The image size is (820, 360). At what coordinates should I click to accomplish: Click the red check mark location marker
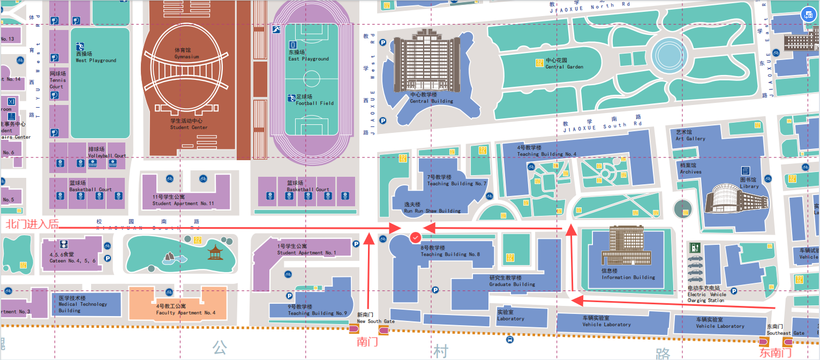coord(415,237)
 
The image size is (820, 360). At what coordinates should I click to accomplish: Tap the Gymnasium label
coord(183,53)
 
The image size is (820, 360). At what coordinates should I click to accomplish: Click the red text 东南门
coord(776,352)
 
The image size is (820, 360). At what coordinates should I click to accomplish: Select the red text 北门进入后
coord(32,224)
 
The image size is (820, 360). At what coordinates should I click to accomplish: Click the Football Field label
coord(315,100)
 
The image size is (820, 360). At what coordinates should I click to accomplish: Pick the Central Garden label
coord(564,64)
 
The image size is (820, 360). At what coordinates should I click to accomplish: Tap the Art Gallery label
coord(690,136)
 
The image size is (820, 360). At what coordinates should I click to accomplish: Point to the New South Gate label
coord(375,318)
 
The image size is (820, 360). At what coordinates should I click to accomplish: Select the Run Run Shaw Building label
coord(432,208)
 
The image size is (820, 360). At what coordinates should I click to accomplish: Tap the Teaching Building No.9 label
coord(317,310)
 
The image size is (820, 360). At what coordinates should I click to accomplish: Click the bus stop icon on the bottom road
coord(509,339)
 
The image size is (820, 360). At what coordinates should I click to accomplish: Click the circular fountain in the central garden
coord(668,54)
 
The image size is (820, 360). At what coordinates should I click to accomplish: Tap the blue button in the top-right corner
coord(808,16)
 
